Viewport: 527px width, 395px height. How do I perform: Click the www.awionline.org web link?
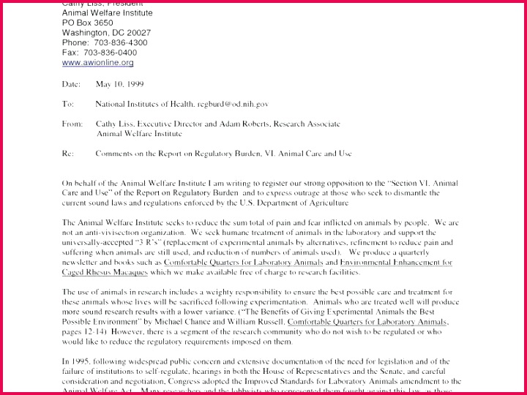point(97,63)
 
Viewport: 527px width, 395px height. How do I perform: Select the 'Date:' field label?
point(71,84)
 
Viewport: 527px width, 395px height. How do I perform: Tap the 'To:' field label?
point(68,105)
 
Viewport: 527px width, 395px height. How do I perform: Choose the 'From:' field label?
point(72,124)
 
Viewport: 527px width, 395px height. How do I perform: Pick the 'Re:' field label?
point(68,154)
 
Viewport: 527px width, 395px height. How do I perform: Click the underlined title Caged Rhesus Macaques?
point(105,272)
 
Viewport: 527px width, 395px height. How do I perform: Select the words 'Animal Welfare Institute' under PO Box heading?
point(108,12)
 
